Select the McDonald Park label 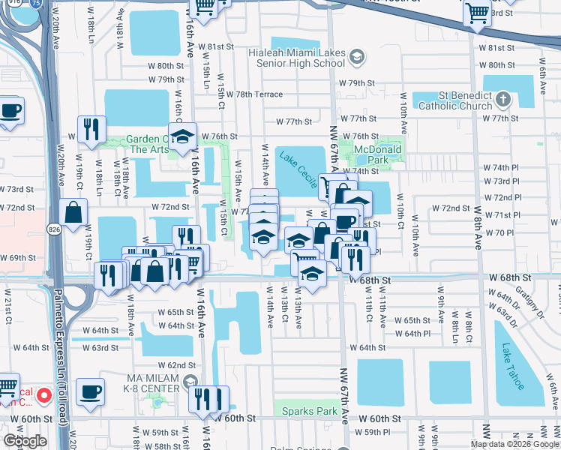pyautogui.click(x=379, y=154)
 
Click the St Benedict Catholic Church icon pyautogui.click(x=502, y=99)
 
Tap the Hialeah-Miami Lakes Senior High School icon pyautogui.click(x=358, y=56)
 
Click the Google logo pyautogui.click(x=25, y=440)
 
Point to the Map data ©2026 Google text pyautogui.click(x=515, y=444)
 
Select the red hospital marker pyautogui.click(x=43, y=394)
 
